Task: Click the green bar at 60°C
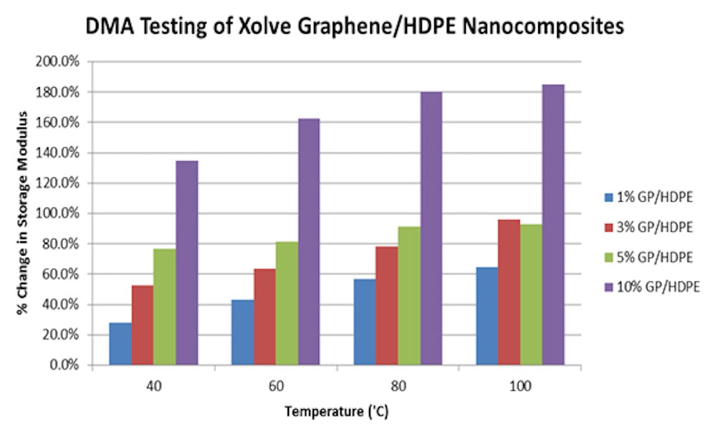287,303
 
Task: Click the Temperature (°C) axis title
336,412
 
